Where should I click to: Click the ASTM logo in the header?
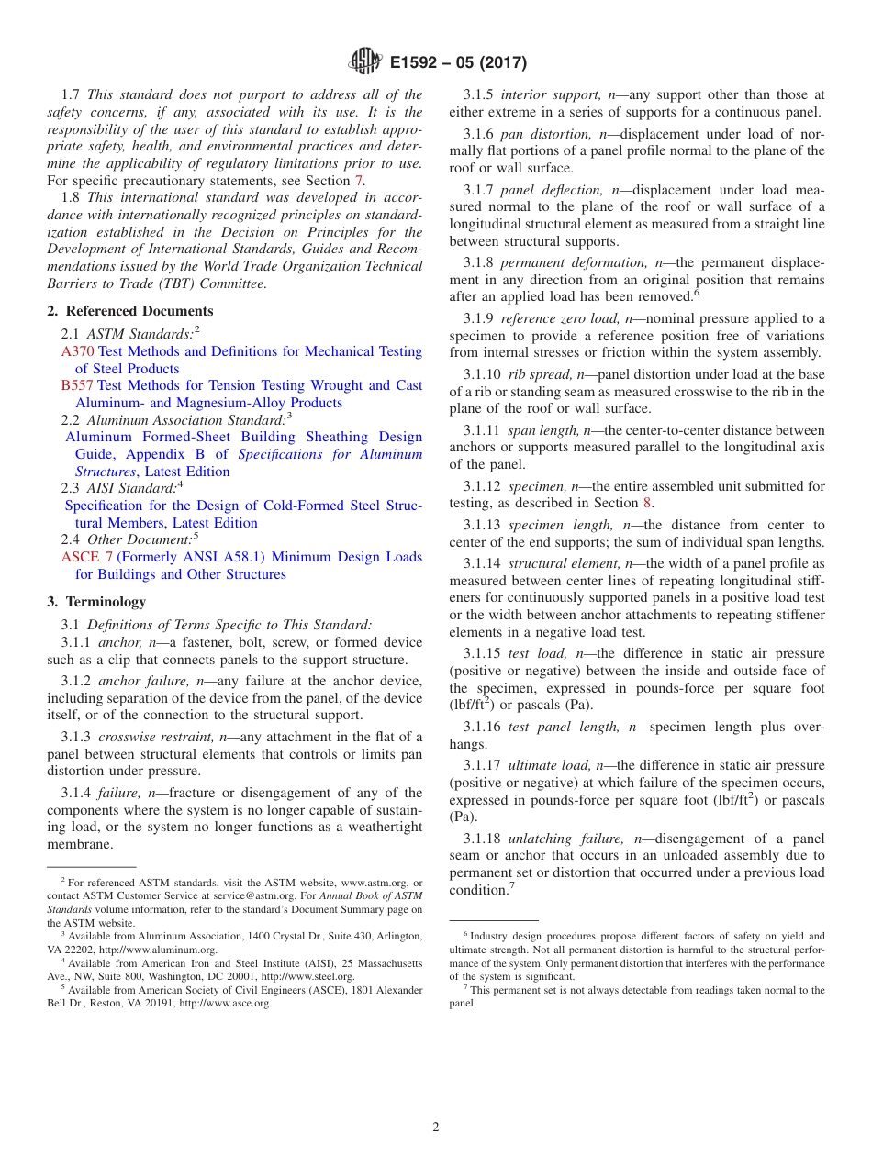pos(364,61)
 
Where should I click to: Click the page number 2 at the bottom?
pos(436,1128)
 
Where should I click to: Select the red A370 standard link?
pos(78,351)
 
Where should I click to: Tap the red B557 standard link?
pos(77,385)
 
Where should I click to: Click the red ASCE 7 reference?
pos(87,557)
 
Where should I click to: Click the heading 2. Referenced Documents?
pos(130,311)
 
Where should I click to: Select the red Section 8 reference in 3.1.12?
pos(646,503)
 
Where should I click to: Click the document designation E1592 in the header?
pos(419,62)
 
